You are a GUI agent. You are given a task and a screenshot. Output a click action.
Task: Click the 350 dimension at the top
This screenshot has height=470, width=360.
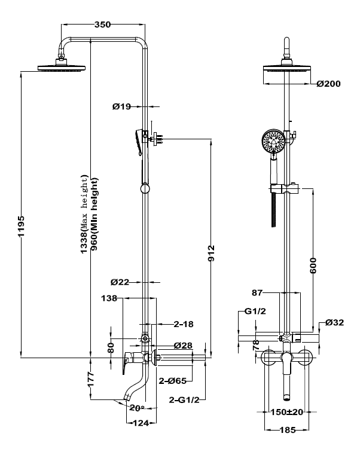click(102, 25)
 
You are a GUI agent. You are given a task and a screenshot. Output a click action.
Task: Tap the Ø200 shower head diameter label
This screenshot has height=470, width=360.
click(329, 84)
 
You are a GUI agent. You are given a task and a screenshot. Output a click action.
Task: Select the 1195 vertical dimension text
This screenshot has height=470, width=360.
click(21, 226)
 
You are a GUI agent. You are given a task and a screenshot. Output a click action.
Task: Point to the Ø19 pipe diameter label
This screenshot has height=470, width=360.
click(122, 106)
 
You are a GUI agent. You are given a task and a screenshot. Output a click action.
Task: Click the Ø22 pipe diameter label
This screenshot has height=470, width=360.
click(120, 282)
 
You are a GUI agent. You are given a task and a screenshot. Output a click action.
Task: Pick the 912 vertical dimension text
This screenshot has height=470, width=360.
click(212, 253)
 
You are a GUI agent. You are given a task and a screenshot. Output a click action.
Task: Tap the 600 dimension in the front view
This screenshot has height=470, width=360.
click(313, 265)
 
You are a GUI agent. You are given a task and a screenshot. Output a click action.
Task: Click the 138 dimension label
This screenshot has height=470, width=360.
click(109, 298)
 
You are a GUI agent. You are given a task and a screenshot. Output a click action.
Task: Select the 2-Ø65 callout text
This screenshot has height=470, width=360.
click(173, 381)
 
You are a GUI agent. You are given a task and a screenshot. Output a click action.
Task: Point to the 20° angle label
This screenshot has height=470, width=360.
click(137, 408)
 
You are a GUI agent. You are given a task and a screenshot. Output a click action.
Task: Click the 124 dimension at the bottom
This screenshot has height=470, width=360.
click(141, 423)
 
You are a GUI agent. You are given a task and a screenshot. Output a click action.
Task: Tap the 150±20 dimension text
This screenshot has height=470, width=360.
click(287, 412)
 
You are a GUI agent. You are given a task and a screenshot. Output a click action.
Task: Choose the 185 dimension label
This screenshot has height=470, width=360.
click(288, 430)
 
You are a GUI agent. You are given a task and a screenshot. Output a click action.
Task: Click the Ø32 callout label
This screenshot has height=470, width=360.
click(335, 322)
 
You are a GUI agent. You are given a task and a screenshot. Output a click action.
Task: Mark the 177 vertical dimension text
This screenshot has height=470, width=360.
click(91, 379)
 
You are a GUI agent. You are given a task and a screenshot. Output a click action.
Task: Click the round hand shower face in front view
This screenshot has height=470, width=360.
click(273, 141)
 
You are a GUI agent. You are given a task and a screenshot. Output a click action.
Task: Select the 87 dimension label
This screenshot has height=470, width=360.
click(257, 292)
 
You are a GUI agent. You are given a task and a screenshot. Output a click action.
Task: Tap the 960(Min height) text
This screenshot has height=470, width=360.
click(94, 214)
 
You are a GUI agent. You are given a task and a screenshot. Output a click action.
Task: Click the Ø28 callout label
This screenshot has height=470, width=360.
click(183, 345)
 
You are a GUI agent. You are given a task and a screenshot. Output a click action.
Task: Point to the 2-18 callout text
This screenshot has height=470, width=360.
click(184, 324)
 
